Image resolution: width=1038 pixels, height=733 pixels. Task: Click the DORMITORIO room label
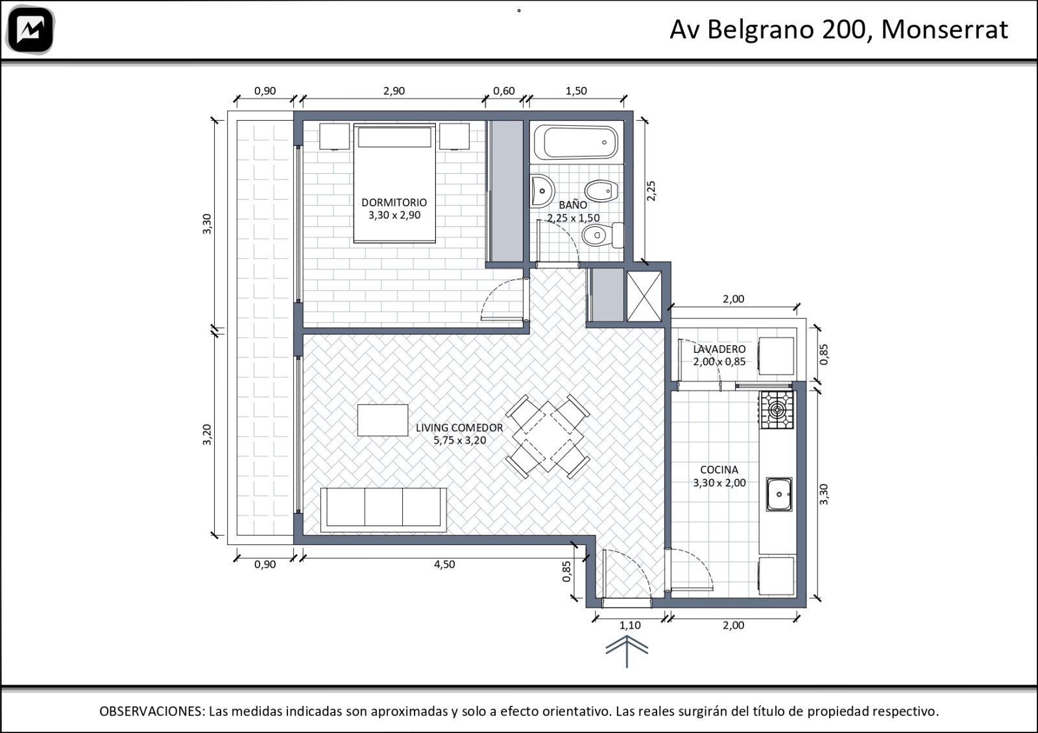pyautogui.click(x=394, y=202)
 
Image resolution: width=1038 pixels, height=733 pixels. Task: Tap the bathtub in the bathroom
pyautogui.click(x=576, y=142)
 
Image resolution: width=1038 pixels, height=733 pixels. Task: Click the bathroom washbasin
pyautogui.click(x=542, y=191)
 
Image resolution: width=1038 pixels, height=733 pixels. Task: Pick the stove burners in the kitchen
pyautogui.click(x=776, y=409)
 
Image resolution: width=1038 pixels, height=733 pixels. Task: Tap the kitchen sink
pyautogui.click(x=779, y=494)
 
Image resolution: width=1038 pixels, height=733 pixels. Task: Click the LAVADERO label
pyautogui.click(x=719, y=350)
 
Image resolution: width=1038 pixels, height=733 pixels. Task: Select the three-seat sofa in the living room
pyautogui.click(x=383, y=510)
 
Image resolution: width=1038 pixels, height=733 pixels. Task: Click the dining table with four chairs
pyautogui.click(x=548, y=437)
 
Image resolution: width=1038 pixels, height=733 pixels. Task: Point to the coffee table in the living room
pyautogui.click(x=383, y=420)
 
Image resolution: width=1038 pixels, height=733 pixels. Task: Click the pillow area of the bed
pyautogui.click(x=394, y=137)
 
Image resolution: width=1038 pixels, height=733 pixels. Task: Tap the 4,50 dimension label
pyautogui.click(x=444, y=564)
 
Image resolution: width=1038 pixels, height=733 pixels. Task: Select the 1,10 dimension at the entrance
pyautogui.click(x=630, y=625)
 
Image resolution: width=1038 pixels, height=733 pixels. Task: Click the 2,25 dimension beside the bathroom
pyautogui.click(x=651, y=191)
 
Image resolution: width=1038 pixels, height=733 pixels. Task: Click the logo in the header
pyautogui.click(x=30, y=30)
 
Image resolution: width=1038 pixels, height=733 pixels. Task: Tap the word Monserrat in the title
pyautogui.click(x=945, y=30)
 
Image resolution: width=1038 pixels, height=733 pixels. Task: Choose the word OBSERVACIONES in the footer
pyautogui.click(x=152, y=711)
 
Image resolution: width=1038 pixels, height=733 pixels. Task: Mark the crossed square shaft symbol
pyautogui.click(x=644, y=296)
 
